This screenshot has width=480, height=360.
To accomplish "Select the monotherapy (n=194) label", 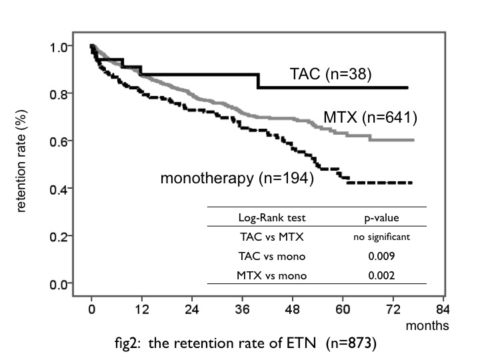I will (237, 179).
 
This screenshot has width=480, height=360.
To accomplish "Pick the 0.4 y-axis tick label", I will (59, 189).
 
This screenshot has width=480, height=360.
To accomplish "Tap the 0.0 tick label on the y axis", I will (59, 285).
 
